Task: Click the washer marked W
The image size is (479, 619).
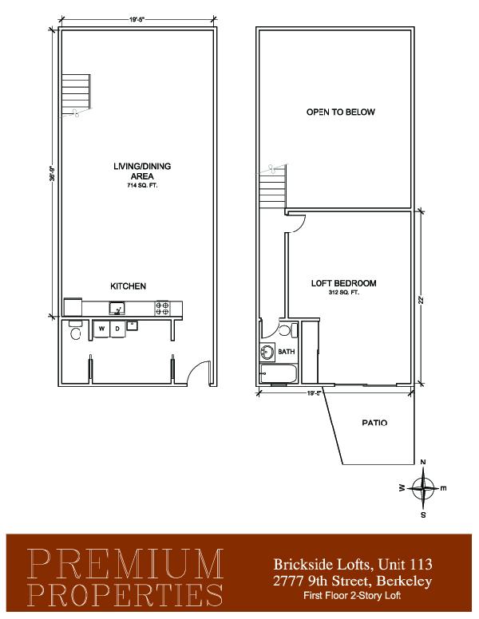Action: [102, 329]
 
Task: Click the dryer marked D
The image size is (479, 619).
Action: [118, 329]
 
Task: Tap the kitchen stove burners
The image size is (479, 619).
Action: [162, 308]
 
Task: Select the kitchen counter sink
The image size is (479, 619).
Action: [117, 308]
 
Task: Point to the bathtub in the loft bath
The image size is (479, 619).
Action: [279, 373]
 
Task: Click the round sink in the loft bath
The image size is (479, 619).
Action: [267, 352]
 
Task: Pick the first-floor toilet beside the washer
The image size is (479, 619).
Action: [75, 331]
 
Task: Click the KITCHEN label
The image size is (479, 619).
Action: [128, 286]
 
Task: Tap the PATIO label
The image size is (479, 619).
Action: [374, 423]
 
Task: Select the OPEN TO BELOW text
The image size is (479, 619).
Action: [340, 112]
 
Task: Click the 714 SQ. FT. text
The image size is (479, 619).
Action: [142, 185]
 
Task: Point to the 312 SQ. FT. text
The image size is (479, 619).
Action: [344, 293]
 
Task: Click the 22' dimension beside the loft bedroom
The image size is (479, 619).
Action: [422, 300]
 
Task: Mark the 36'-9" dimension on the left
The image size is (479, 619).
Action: [52, 173]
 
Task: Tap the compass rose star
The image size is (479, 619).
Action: [423, 488]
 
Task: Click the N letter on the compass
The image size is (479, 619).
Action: [423, 463]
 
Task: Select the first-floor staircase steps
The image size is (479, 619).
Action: [76, 91]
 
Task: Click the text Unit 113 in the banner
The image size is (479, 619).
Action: [405, 564]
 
